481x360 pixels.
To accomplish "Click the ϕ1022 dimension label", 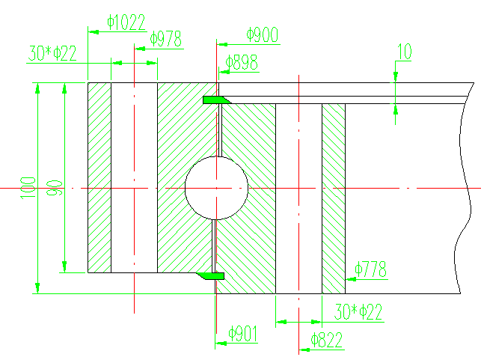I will [126, 22].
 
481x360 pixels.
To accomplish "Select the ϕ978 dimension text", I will [165, 40].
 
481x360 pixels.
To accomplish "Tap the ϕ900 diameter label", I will [262, 34].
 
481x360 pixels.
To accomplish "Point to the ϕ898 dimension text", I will [241, 63].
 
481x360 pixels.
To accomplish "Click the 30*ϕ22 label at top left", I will [52, 54].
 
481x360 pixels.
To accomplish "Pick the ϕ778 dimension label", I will [371, 269].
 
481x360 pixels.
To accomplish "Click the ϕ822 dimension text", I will [327, 341].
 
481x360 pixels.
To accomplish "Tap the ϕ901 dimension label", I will [243, 333].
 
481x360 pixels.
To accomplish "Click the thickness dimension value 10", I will [404, 52].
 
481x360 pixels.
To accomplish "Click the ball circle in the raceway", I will [215, 188].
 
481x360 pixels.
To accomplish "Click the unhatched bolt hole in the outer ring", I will [134, 177].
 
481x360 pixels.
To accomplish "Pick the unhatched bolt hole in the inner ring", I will [298, 198].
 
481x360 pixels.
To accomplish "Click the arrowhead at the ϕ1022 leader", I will [93, 31].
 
